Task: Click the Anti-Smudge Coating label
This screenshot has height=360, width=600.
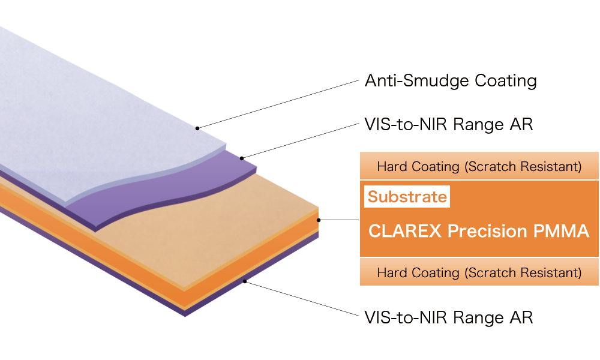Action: coord(450,80)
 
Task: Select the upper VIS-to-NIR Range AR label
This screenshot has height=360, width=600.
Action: coord(448,125)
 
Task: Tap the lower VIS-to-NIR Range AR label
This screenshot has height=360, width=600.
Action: coord(448,317)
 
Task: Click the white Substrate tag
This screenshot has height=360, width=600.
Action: coord(407,197)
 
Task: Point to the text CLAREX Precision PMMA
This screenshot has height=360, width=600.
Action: coord(478,231)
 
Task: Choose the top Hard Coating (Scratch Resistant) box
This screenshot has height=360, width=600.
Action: coord(479,166)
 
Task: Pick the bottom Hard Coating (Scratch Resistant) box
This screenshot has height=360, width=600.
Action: coord(479,272)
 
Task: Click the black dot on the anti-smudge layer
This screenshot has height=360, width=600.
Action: coord(197,128)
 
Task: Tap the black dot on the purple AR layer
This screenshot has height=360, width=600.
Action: coord(242,158)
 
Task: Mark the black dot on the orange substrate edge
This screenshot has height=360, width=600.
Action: coord(319,220)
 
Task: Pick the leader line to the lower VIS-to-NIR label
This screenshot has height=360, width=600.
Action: coord(300,298)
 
